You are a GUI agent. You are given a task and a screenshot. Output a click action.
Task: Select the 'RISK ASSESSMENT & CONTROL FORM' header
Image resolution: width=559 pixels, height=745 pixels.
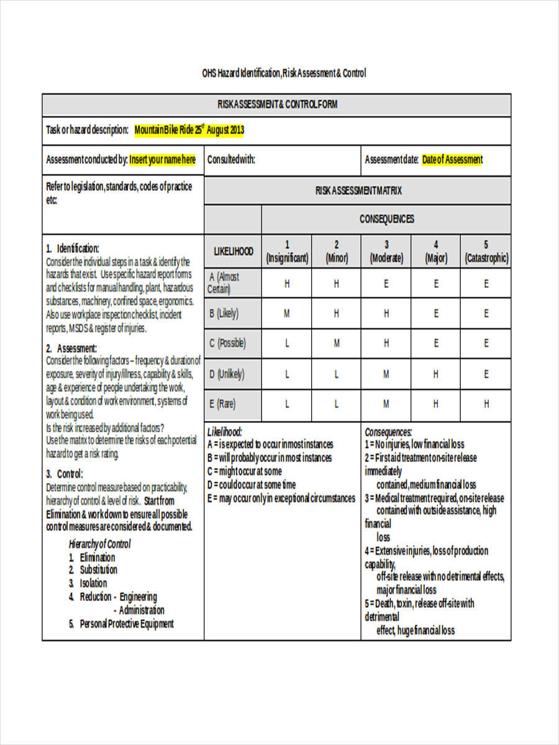point(277,104)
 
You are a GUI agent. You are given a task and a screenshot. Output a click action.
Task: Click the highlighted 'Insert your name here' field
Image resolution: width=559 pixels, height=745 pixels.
point(162,160)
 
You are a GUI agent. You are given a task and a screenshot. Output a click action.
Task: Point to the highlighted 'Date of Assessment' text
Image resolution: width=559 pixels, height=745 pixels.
point(452,160)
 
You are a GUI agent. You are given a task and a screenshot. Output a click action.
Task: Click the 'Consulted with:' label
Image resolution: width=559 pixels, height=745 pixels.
point(231,160)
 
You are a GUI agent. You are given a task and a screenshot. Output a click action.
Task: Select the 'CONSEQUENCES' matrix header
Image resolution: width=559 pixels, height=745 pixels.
point(386,219)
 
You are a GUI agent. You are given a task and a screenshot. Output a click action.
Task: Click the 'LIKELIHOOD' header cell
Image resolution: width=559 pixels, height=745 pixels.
point(234,251)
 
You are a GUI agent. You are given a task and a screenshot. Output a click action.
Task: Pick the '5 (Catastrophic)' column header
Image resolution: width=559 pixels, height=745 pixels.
point(486,251)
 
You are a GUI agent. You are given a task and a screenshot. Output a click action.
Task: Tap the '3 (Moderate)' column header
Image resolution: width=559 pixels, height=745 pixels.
point(386,251)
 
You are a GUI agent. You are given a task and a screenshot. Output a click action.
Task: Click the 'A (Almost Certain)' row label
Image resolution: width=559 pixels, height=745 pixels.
point(224,283)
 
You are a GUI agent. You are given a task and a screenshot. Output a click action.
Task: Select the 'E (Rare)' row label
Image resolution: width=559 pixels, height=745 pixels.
point(222,404)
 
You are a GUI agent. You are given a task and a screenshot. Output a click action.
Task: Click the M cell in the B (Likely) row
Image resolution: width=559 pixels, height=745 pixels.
point(287,314)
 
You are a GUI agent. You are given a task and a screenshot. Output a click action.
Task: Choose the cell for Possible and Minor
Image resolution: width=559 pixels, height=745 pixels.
point(337,343)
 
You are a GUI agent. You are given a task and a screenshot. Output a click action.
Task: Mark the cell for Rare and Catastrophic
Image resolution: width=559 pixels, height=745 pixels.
point(486,404)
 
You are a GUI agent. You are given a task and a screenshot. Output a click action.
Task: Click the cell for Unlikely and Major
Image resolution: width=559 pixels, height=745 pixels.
point(436,374)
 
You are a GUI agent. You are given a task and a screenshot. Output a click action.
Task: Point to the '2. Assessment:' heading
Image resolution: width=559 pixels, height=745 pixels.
point(71,348)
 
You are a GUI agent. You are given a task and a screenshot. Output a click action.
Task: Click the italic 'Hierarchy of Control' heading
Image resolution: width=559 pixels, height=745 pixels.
point(99,544)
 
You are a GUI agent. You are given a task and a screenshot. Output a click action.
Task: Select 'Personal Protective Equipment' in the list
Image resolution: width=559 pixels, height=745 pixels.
point(127,624)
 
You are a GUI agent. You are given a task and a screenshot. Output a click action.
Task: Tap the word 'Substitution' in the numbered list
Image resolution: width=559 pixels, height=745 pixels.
point(98,570)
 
